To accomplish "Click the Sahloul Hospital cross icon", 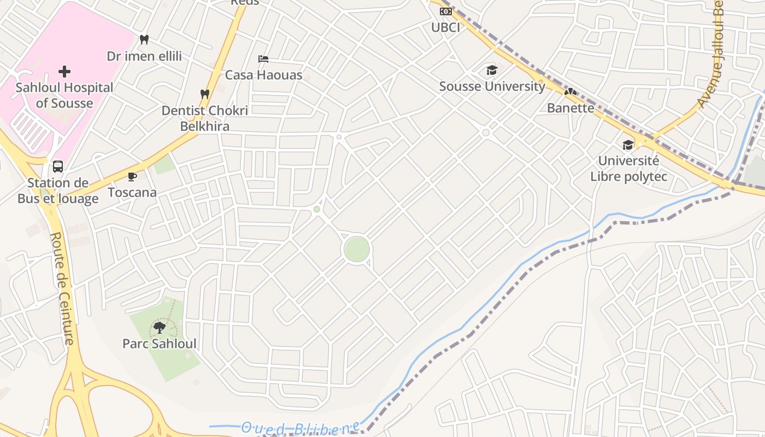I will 64,72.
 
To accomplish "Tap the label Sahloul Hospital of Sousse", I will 64,95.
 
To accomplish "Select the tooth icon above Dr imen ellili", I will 144,39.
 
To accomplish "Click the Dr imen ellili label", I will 144,56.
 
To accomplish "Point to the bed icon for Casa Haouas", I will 263,58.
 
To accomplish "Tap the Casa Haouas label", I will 263,75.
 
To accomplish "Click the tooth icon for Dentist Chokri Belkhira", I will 205,94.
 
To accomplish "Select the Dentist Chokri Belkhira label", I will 205,118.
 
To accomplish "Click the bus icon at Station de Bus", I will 58,166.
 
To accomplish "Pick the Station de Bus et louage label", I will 58,191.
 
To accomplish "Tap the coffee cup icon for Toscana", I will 132,176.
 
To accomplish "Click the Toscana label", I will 132,192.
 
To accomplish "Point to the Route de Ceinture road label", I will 62,288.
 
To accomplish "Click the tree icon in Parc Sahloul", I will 159,327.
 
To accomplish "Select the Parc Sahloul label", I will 159,344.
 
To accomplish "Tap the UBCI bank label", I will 445,27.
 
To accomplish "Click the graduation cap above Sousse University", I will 492,70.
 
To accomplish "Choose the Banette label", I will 570,108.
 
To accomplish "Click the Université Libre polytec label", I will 628,169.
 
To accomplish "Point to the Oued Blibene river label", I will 301,428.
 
